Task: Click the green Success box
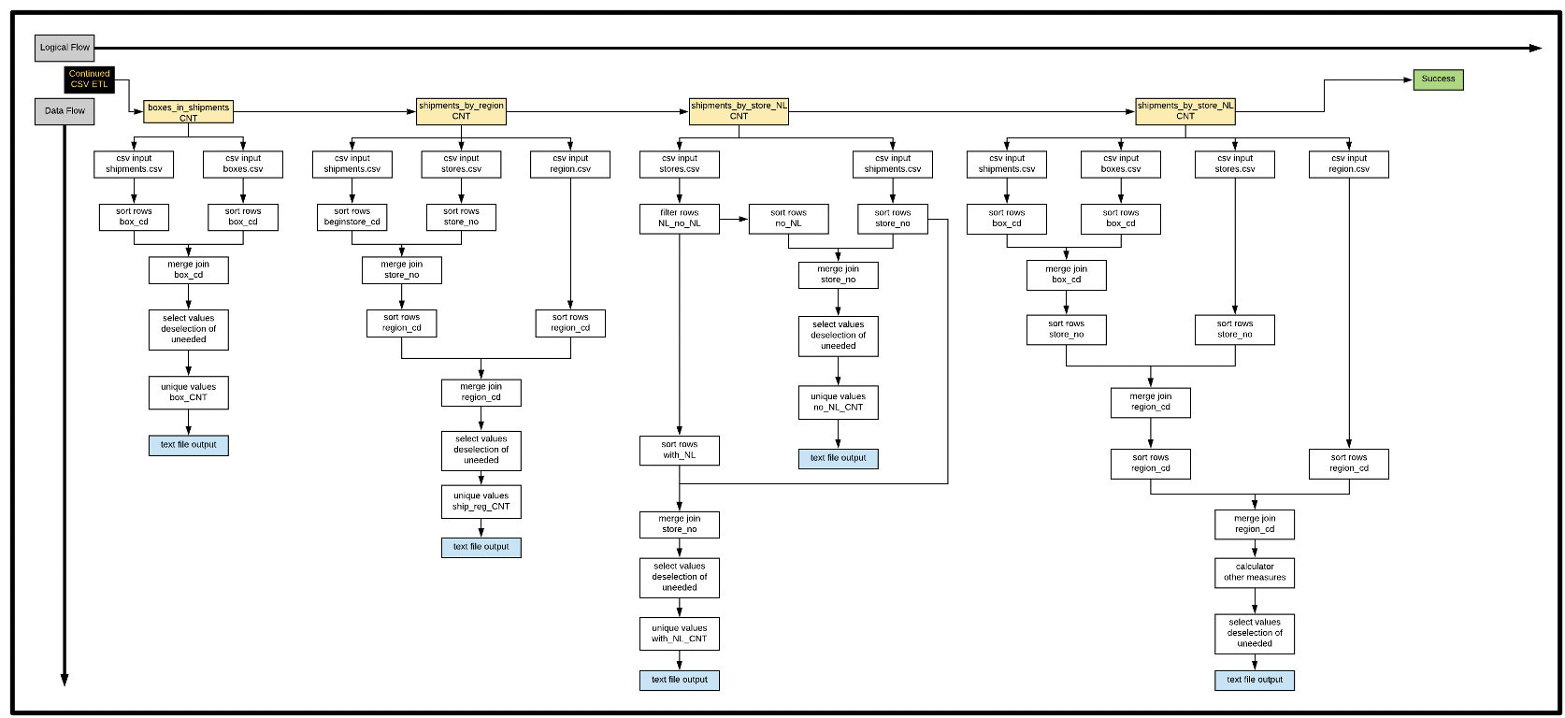1438,79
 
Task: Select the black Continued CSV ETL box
90,79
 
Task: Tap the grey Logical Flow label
65,48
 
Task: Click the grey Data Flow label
65,111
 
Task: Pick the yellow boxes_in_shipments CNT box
188,113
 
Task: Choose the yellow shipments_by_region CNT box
461,111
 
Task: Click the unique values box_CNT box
188,393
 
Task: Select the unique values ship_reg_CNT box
481,502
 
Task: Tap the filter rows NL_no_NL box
679,219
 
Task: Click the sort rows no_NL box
788,219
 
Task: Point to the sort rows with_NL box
679,451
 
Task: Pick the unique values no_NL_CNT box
838,402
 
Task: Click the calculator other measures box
1255,572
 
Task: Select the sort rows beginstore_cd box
352,217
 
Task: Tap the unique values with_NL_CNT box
679,634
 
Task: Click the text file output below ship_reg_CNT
481,547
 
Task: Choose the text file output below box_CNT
188,445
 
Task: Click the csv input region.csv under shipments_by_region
569,165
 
